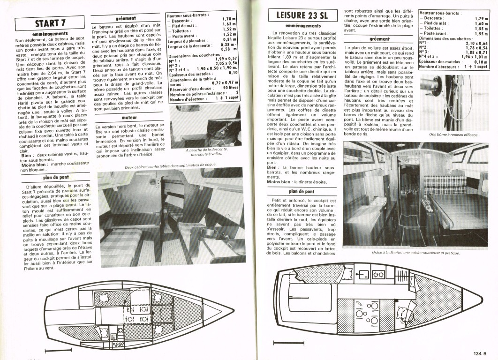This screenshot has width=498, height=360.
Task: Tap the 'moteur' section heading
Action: tap(129, 118)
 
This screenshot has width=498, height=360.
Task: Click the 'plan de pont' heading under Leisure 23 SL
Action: tap(302, 191)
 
